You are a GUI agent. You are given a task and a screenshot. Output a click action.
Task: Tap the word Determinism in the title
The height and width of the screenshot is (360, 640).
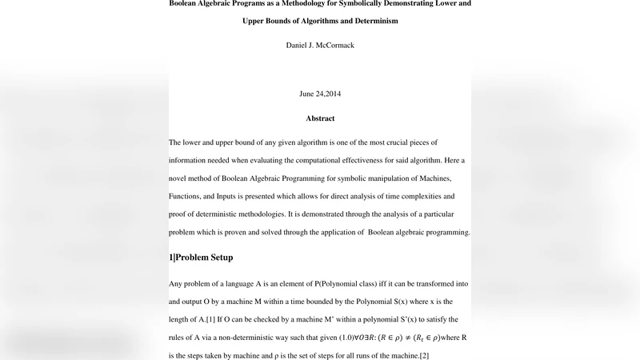[371, 21]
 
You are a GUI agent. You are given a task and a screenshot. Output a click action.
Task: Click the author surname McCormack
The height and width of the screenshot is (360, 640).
[336, 46]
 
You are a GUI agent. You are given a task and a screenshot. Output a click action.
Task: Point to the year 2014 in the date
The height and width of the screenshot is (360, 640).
[330, 94]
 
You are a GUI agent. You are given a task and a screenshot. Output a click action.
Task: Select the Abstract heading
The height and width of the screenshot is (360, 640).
[320, 118]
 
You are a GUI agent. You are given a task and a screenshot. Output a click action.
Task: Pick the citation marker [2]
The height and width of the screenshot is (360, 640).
[425, 354]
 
